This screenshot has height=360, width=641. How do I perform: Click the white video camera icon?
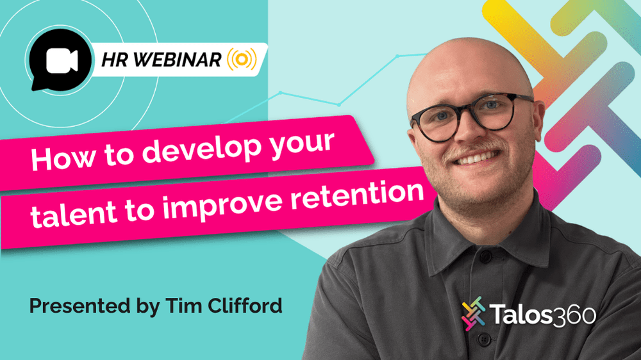click(x=62, y=60)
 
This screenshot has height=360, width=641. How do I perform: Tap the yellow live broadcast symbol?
click(x=242, y=59)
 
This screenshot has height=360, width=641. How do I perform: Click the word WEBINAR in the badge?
click(x=178, y=60)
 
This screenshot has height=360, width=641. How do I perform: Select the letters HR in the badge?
click(x=115, y=60)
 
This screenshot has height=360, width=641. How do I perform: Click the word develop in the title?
click(x=201, y=150)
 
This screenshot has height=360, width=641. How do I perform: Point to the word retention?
click(x=357, y=197)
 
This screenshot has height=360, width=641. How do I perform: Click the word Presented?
click(x=79, y=306)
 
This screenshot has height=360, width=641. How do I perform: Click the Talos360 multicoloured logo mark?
click(x=474, y=313)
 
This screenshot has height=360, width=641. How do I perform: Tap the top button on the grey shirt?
click(x=485, y=258)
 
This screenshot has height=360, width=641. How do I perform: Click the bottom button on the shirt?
click(x=484, y=339)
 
